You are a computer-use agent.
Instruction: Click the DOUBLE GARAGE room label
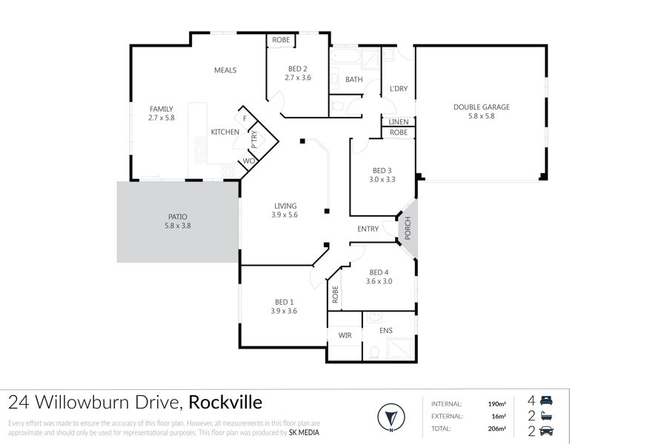(481, 107)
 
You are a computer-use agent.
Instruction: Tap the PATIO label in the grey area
(177, 217)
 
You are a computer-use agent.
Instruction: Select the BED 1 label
(284, 302)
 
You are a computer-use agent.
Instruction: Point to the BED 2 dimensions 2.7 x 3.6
(298, 78)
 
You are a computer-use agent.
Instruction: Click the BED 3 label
(382, 170)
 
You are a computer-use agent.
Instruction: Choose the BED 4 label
(379, 272)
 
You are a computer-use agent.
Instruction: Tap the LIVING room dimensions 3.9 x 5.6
(285, 215)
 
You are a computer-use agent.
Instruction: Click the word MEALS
(225, 70)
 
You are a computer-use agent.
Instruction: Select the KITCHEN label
(225, 132)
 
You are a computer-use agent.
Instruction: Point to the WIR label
(345, 335)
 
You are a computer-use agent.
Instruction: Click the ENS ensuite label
(386, 330)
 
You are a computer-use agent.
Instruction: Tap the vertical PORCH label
(408, 228)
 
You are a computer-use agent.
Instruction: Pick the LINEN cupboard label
(399, 122)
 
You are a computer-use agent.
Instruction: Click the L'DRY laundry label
(399, 89)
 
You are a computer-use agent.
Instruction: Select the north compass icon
(391, 417)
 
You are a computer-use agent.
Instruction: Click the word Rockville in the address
(225, 402)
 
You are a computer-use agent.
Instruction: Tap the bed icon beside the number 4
(546, 400)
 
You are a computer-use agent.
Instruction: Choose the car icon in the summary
(546, 431)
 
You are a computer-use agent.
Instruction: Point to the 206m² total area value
(497, 428)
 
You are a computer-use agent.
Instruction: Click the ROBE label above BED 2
(281, 40)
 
